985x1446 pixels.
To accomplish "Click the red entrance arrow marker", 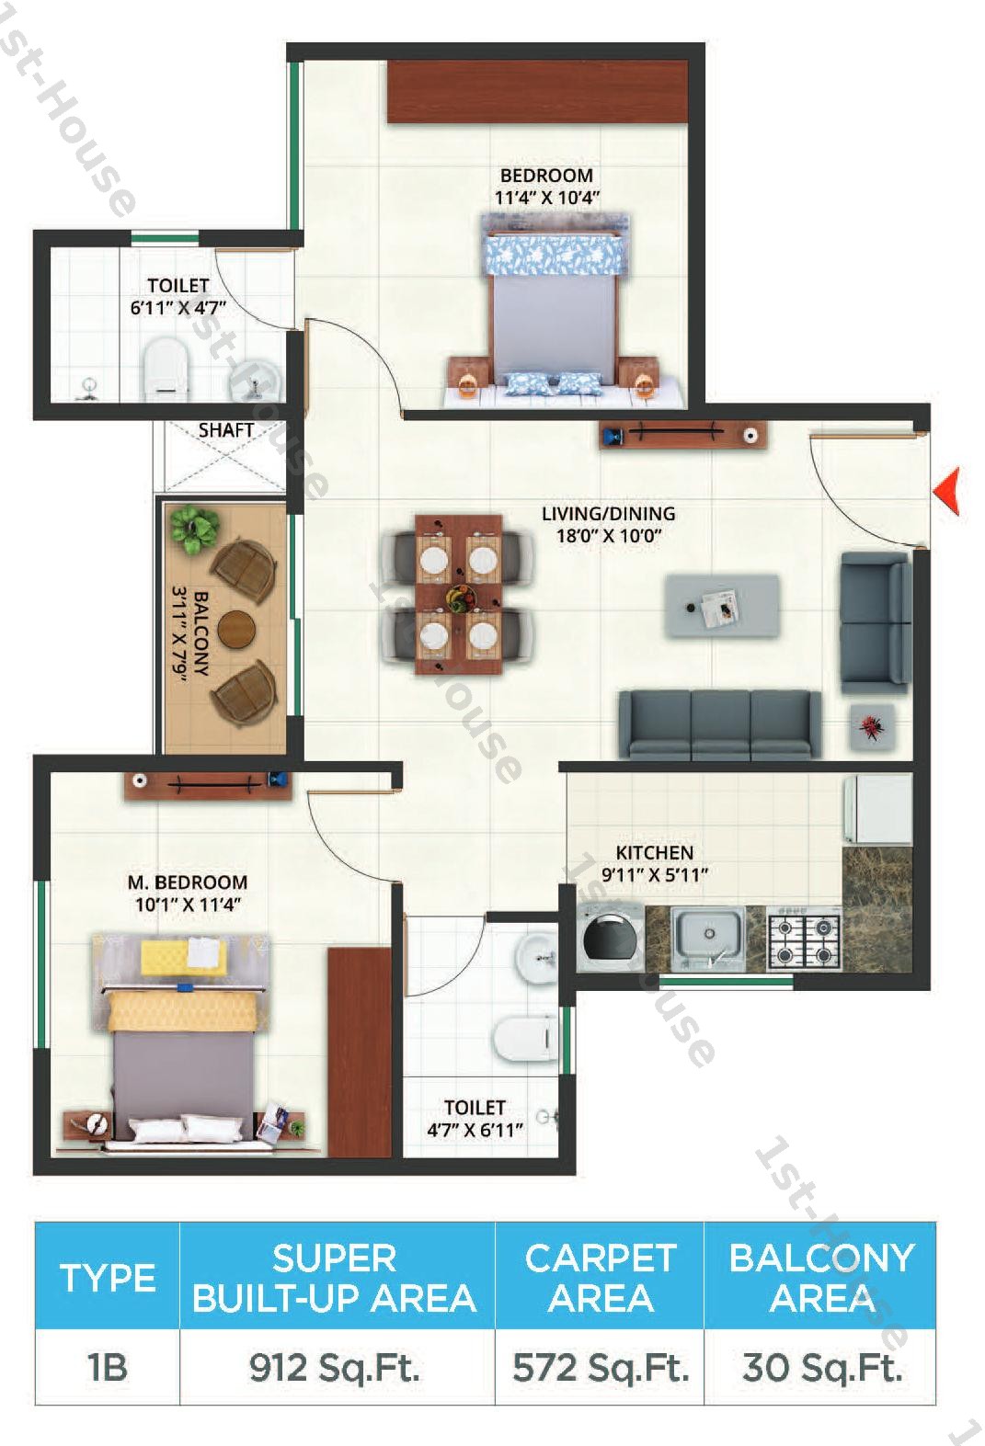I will [947, 490].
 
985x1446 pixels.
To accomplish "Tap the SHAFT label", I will [225, 429].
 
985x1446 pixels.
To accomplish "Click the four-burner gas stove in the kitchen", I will [805, 940].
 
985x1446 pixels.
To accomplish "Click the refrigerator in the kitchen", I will [877, 809].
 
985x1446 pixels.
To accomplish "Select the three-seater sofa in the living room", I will [719, 724].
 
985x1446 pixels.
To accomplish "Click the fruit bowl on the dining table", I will [458, 598].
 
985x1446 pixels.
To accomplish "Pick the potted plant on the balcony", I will [194, 529].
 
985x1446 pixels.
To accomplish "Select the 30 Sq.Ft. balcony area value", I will [820, 1368].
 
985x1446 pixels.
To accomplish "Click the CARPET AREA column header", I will [600, 1277].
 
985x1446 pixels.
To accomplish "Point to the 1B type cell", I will [107, 1368].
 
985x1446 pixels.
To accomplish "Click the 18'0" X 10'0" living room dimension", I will [609, 536].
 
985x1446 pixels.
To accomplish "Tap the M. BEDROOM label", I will [187, 882].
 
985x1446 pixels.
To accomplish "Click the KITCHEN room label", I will [654, 852].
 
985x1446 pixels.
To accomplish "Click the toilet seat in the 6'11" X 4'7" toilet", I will [166, 370].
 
